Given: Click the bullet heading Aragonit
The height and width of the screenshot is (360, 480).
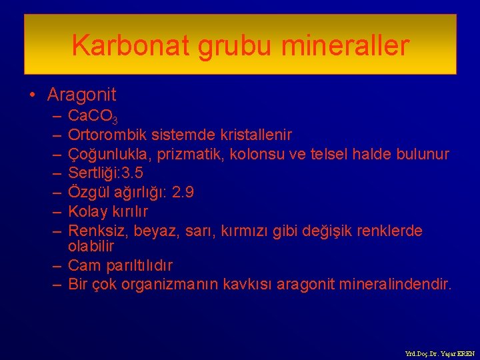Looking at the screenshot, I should point(81,95).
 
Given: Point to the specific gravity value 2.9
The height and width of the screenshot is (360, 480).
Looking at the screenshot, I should point(183,193).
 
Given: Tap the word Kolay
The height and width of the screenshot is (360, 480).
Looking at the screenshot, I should point(86,211).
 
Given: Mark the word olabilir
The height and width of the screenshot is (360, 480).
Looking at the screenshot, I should point(91,246).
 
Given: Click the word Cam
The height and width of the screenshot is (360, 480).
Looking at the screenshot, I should point(84,265).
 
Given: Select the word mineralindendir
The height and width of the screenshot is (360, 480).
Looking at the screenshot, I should point(395,285).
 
